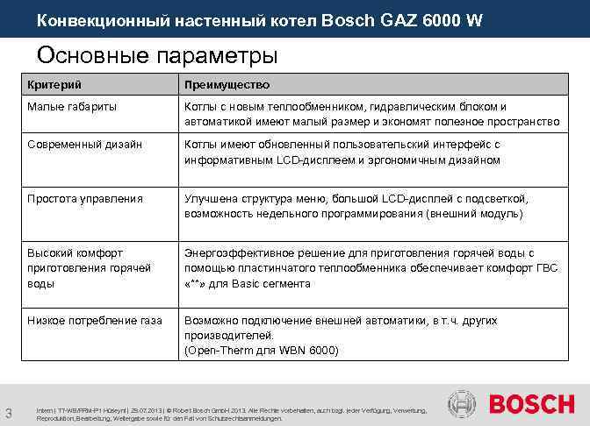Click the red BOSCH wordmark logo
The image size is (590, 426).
[531, 404]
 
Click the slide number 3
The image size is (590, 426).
[8, 413]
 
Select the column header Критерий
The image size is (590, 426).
[54, 85]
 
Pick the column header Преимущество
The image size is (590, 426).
[227, 85]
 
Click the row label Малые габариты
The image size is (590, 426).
[72, 106]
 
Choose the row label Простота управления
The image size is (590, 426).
[85, 198]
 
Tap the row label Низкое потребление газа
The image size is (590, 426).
[95, 321]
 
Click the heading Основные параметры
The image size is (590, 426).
[157, 55]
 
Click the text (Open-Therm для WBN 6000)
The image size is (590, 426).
[261, 351]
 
